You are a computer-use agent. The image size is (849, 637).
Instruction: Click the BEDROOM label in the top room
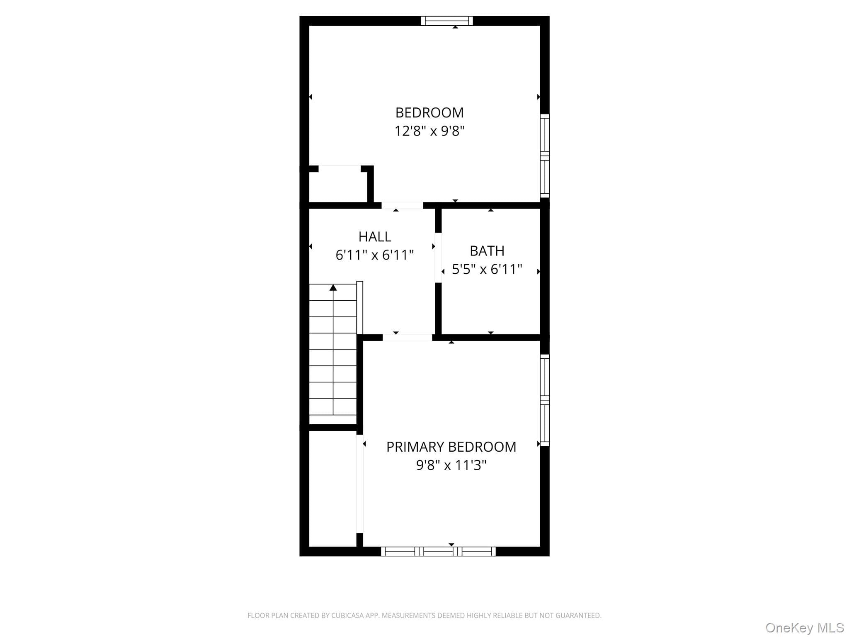coord(429,113)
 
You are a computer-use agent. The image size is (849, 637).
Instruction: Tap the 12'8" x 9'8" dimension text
coord(429,131)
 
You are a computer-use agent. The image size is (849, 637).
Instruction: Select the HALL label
coord(375,237)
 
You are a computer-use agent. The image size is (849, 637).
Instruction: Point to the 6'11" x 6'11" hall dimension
coord(375,255)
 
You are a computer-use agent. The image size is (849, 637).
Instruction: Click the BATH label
coord(487,251)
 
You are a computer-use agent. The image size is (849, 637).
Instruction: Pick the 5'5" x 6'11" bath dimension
coord(487,270)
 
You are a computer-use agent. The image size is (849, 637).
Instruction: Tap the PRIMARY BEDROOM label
coord(451,447)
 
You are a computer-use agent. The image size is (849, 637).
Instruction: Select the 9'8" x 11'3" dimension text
coord(451,465)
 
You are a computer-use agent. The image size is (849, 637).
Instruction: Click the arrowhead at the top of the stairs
coord(333,287)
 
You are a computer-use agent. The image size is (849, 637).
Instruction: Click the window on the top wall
coord(447,21)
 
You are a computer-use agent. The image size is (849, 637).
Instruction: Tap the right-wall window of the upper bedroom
coord(545,156)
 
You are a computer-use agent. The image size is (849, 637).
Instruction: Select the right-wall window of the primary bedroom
coord(545,400)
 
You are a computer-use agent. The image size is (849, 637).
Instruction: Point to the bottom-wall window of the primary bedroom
coord(439,551)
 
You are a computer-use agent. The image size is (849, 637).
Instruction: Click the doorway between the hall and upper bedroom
coord(402,205)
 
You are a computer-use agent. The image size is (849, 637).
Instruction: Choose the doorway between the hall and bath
coord(438,258)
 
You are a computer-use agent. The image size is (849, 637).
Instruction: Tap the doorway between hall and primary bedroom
coord(408,338)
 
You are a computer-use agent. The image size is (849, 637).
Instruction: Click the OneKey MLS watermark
coord(805,627)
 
